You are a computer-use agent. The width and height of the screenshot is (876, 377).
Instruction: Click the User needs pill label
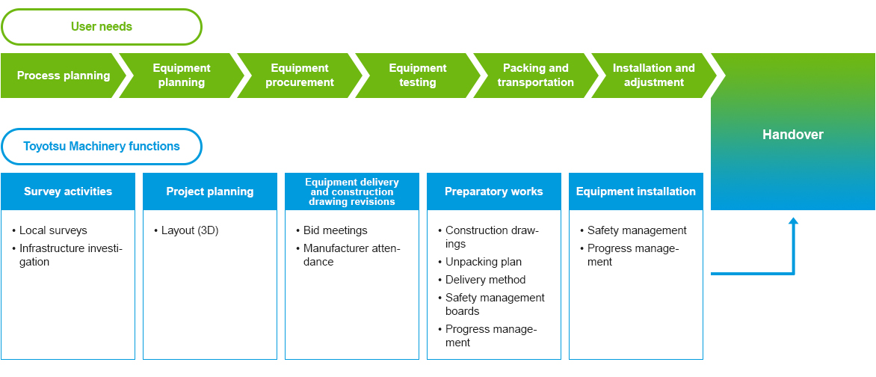tap(101, 26)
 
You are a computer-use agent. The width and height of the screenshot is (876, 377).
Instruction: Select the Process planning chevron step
tap(63, 76)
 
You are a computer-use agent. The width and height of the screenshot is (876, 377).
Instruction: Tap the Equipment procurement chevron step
tap(300, 76)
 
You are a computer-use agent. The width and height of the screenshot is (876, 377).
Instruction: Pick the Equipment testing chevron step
tap(417, 76)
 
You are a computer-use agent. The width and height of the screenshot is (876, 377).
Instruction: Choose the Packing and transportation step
tap(535, 76)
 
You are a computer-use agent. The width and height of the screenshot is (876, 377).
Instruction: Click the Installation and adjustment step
tap(654, 76)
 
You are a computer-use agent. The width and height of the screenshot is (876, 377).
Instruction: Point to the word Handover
tap(793, 134)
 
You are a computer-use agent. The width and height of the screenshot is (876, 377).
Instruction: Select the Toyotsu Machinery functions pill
tap(101, 147)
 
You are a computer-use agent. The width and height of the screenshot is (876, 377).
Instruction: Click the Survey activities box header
tap(68, 191)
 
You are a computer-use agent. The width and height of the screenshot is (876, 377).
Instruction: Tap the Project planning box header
tap(210, 191)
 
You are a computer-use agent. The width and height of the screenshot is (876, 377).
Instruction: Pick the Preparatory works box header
tap(494, 191)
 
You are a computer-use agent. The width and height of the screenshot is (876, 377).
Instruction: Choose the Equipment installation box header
tap(636, 191)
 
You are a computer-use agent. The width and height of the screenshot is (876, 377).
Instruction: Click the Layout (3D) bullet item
tap(186, 230)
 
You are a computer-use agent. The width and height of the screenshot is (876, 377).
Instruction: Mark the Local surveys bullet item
tap(50, 230)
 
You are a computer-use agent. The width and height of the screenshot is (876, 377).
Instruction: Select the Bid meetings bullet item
tap(332, 230)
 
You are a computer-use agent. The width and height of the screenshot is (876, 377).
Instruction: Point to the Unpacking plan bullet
tap(480, 262)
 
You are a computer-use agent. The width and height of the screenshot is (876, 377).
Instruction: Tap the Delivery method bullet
tap(481, 280)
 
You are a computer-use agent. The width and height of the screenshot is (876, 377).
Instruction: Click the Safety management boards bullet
tap(491, 304)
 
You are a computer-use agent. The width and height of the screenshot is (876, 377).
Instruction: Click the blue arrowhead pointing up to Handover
tap(793, 221)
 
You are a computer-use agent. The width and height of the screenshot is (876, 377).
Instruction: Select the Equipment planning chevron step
tap(182, 76)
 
